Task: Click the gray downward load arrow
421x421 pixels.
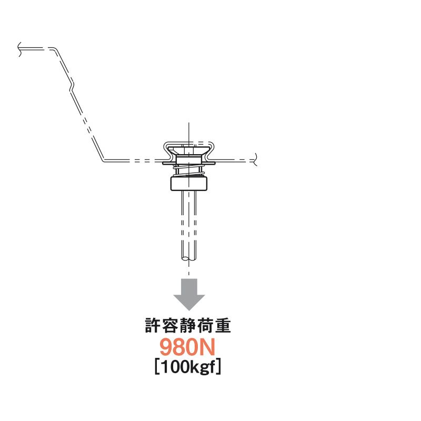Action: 189,294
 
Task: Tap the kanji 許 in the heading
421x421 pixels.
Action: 153,325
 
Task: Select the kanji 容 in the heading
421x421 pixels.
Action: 171,325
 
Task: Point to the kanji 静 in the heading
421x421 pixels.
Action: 188,325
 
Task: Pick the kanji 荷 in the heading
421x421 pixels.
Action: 205,325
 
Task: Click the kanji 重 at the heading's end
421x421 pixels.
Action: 223,325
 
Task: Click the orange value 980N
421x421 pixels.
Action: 188,347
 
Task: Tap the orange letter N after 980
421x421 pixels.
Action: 208,347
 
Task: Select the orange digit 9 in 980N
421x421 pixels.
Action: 166,347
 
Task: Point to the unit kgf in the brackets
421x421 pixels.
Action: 203,367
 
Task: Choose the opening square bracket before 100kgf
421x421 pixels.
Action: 157,367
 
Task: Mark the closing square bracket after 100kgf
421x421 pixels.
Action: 218,367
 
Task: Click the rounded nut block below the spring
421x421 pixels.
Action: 189,183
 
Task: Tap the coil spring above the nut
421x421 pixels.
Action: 189,171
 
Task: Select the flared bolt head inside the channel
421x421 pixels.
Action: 189,151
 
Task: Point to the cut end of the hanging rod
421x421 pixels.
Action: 189,259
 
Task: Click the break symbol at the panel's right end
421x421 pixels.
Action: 255,159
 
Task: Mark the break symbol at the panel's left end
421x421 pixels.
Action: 19,49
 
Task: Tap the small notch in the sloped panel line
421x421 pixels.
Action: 72,86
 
